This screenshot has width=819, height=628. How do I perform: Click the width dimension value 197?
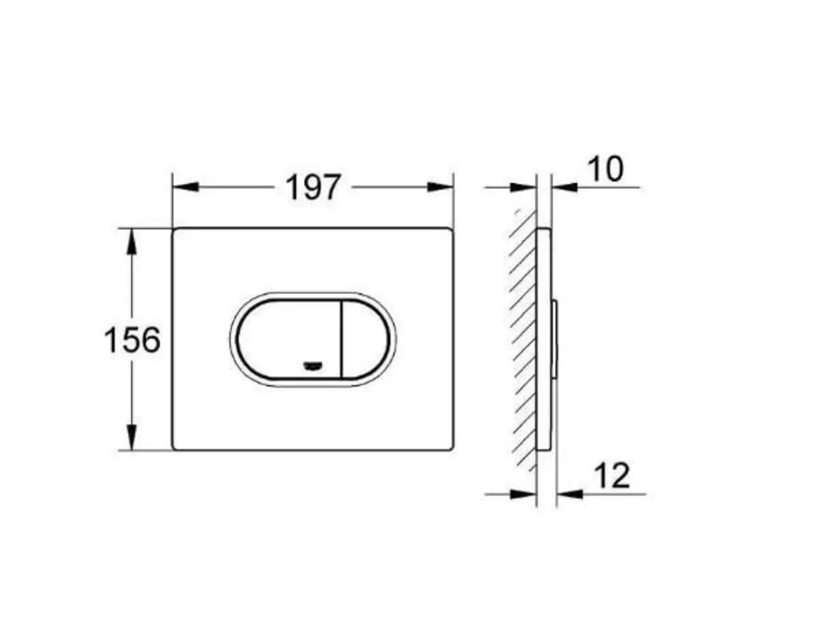(312, 187)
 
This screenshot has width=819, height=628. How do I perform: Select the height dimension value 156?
(132, 339)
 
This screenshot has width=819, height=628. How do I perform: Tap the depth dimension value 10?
(605, 169)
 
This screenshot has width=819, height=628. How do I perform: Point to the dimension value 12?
(612, 476)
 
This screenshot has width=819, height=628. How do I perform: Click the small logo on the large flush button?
(313, 367)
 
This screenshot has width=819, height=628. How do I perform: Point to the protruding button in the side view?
(555, 339)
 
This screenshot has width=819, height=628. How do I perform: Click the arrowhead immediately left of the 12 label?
(569, 493)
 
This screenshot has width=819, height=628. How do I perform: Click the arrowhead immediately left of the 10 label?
(564, 187)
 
